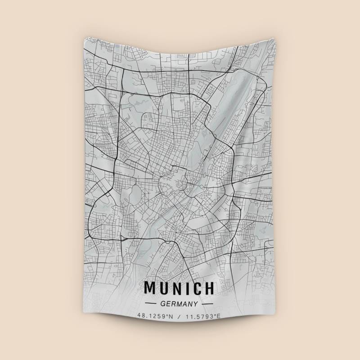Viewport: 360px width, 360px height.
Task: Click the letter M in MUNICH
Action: (150, 288)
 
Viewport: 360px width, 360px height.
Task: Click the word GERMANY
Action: (179, 304)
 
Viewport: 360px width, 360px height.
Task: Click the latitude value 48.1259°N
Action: (155, 316)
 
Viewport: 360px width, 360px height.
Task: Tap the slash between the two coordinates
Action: (179, 316)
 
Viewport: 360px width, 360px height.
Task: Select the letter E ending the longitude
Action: (219, 316)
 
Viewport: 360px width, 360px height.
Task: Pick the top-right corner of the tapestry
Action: (274, 38)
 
